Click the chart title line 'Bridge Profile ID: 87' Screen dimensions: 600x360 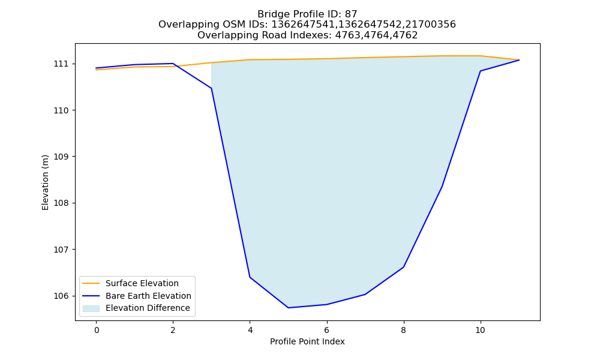coord(307,14)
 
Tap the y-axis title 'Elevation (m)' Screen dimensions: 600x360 coord(45,182)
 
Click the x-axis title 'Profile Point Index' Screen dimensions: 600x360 coord(307,341)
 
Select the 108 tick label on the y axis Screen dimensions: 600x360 coord(61,203)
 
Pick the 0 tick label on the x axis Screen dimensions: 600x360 coord(97,330)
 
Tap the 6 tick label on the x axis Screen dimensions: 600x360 coord(327,330)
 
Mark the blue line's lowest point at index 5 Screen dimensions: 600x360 coord(288,308)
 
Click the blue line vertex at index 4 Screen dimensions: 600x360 coord(250,277)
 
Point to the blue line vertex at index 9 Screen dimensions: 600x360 coord(442,187)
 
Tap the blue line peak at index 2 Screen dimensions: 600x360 coord(173,64)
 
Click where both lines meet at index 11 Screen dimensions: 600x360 coord(519,60)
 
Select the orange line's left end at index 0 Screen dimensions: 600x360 coord(97,70)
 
